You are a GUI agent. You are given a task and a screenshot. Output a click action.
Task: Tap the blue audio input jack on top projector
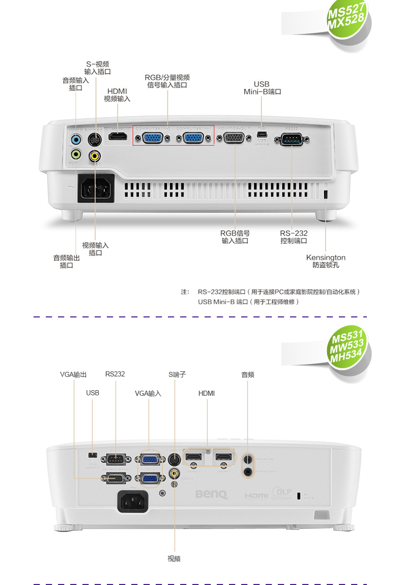click(x=76, y=139)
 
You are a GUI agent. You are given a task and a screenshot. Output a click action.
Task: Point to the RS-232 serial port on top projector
click(x=292, y=139)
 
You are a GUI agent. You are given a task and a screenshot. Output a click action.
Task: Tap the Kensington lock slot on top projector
click(x=326, y=194)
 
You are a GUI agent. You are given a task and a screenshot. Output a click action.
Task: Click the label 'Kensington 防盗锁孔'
click(x=326, y=261)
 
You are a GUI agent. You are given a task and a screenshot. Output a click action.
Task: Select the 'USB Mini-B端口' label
click(x=262, y=88)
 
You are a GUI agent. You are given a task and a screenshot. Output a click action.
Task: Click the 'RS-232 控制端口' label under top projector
click(x=294, y=237)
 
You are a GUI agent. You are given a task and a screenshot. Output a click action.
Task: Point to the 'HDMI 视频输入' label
click(x=117, y=95)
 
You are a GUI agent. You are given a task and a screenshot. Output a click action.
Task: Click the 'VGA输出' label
click(x=73, y=374)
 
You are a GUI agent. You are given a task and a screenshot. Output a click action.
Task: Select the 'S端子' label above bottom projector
click(x=177, y=374)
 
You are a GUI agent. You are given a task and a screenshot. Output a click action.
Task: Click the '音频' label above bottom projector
click(x=248, y=374)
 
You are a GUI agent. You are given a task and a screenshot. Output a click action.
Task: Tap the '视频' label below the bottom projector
click(x=174, y=559)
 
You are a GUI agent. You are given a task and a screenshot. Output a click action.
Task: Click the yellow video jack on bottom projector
click(x=175, y=474)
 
